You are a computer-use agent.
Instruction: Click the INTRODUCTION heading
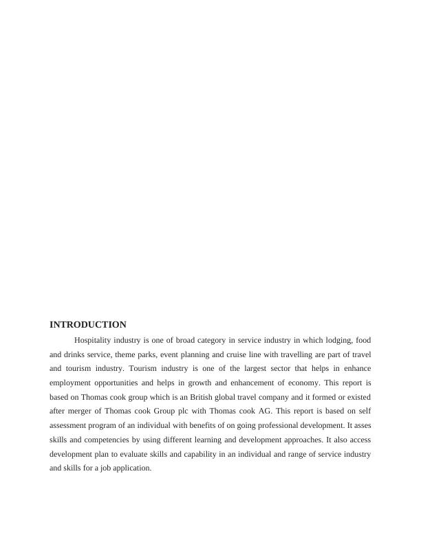click(x=88, y=325)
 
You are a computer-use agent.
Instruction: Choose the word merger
click(x=76, y=411)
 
